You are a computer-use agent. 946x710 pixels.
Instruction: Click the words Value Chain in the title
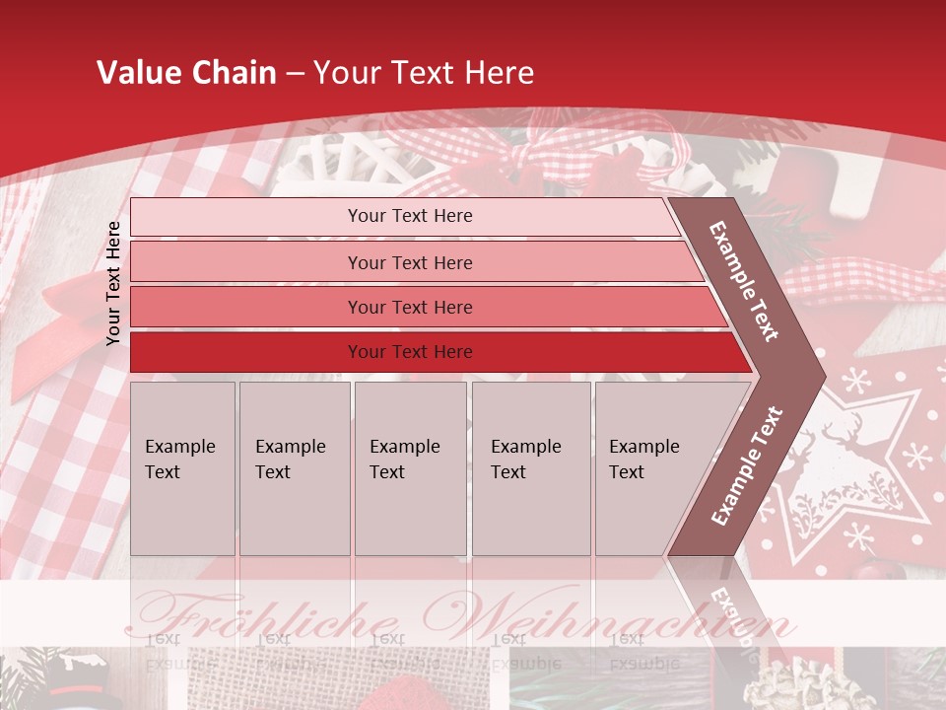186,73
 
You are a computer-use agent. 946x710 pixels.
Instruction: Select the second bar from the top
410,262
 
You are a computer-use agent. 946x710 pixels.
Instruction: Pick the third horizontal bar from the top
410,308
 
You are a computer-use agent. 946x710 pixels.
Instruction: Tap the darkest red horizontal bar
410,352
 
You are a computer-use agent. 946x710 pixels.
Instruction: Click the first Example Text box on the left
182,467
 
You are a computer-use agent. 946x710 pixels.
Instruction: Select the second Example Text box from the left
294,467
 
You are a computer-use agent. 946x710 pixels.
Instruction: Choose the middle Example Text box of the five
410,467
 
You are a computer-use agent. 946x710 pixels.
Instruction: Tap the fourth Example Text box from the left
530,467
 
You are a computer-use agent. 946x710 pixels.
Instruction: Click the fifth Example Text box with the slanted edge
650,467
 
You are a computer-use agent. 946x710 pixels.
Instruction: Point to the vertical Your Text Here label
113,283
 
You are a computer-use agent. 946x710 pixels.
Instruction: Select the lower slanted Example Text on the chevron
747,465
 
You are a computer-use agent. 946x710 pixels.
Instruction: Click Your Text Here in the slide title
424,73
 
